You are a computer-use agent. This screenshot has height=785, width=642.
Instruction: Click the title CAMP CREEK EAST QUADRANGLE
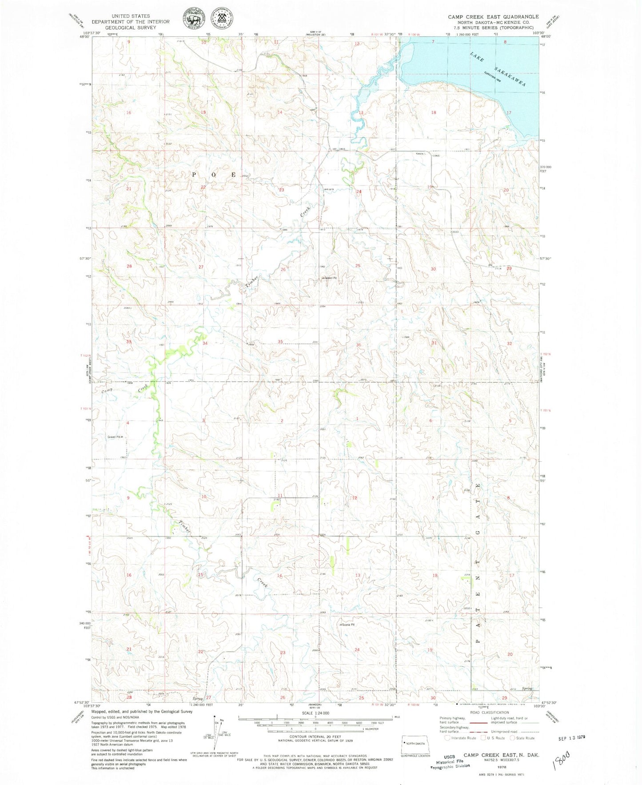pyautogui.click(x=493, y=16)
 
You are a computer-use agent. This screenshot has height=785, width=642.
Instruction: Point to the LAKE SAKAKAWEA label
pyautogui.click(x=498, y=69)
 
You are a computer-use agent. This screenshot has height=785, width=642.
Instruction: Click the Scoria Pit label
pyautogui.click(x=347, y=625)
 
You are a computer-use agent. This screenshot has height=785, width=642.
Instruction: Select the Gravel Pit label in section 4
pyautogui.click(x=115, y=437)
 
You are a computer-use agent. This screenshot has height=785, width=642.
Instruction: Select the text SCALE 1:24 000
pyautogui.click(x=315, y=713)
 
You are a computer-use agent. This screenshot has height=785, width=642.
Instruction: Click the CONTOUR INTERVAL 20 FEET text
pyautogui.click(x=315, y=736)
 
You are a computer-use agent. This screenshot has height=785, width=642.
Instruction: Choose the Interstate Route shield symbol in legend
pyautogui.click(x=447, y=738)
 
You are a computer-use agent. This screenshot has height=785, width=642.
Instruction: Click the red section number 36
pyautogui.click(x=358, y=345)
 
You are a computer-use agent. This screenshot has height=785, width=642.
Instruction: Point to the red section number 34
pyautogui.click(x=205, y=343)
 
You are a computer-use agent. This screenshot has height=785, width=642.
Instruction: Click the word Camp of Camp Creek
pyautogui.click(x=107, y=390)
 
